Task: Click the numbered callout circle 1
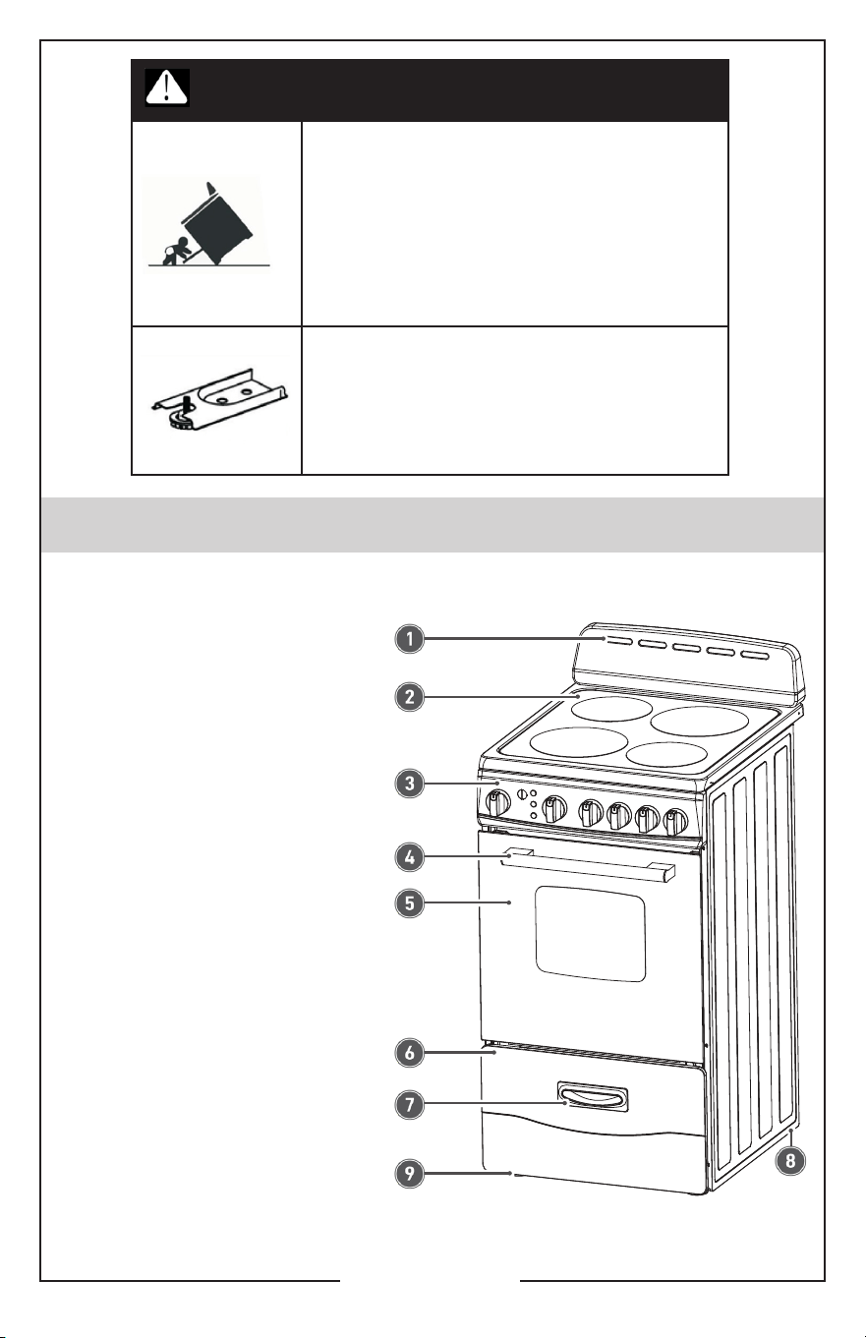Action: tap(410, 639)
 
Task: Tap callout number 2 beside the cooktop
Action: tap(410, 696)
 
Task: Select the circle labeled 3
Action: tap(410, 784)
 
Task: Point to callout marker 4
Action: tap(410, 857)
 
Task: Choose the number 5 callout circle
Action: tap(410, 902)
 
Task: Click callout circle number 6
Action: tap(410, 1053)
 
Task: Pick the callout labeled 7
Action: tap(410, 1104)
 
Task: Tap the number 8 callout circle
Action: tap(790, 1161)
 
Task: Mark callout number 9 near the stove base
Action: tap(410, 1174)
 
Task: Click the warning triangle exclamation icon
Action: tap(167, 87)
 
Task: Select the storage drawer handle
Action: tap(593, 1096)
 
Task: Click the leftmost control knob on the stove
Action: tap(497, 803)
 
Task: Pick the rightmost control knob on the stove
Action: tap(675, 822)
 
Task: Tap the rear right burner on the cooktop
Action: tap(699, 721)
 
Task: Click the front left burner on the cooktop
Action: tap(579, 742)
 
